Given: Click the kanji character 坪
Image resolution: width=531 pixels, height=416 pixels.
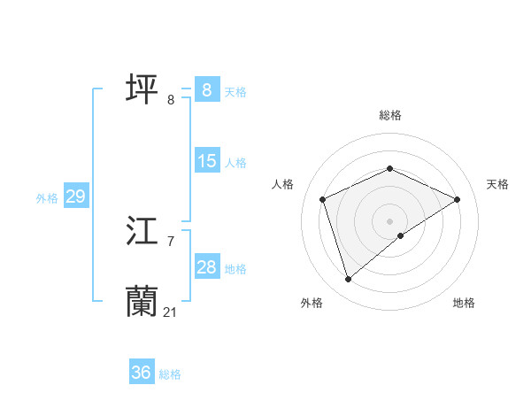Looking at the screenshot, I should (x=142, y=90).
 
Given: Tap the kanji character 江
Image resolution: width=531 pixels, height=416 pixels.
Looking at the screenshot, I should (x=142, y=232).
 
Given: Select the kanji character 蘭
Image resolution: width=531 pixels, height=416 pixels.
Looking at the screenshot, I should (x=142, y=302).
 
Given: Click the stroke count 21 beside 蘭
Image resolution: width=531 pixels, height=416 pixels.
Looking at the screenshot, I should (x=171, y=312).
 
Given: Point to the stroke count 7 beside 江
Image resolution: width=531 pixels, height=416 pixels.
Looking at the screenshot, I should (x=171, y=241).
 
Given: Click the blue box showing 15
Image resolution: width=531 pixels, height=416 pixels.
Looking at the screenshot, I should (x=207, y=161).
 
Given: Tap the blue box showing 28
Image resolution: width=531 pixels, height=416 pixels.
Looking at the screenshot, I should (x=207, y=267).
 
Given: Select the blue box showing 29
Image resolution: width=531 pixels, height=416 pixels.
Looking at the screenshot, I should (x=75, y=196).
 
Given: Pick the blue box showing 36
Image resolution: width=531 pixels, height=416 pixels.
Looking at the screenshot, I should (x=142, y=373).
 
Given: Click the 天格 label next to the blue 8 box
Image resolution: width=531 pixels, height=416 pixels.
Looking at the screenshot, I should (x=235, y=91).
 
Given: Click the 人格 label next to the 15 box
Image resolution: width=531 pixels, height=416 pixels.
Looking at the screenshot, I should (x=235, y=163).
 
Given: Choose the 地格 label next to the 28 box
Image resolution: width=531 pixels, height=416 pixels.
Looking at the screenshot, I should (x=235, y=269).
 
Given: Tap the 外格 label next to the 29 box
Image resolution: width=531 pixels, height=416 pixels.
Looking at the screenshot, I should (x=47, y=198).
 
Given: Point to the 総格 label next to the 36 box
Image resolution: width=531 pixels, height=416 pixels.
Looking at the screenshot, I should (x=170, y=374).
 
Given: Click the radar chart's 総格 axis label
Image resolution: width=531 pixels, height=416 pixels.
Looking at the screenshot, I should (x=389, y=115).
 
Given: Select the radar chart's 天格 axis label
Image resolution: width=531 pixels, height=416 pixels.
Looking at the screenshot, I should (x=497, y=184).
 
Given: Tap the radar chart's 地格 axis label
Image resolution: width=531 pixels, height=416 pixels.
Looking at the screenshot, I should (x=464, y=303).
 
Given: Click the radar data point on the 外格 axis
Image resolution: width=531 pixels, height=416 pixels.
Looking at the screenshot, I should (x=348, y=280).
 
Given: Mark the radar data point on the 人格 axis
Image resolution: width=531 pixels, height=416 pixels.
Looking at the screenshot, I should (x=322, y=199).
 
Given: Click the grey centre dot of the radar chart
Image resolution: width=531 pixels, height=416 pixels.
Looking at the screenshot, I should (x=389, y=220).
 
